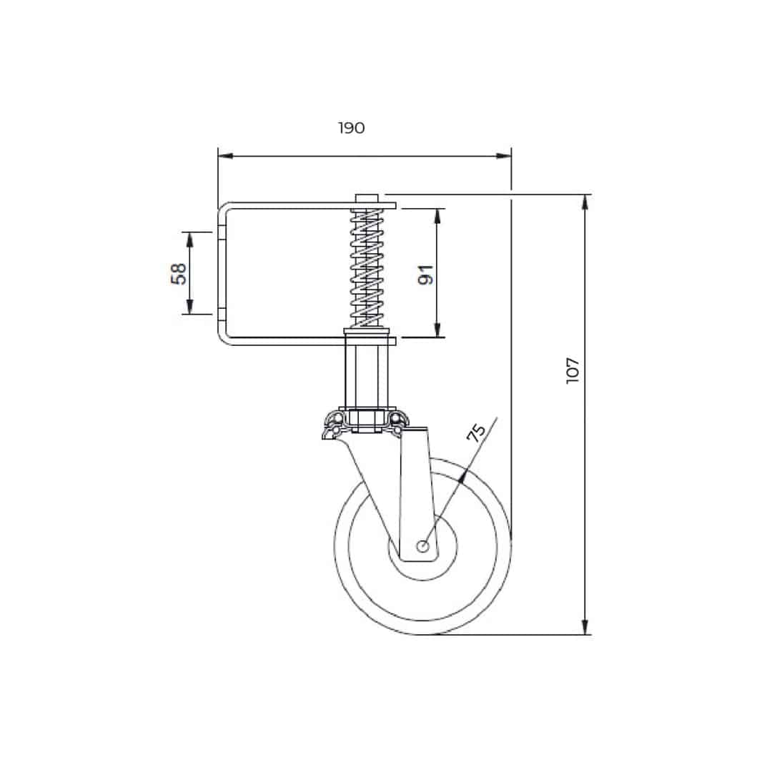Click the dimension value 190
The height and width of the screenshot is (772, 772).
[x=351, y=128]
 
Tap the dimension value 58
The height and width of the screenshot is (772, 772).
[x=179, y=274]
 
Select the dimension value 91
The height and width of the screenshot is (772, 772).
[x=426, y=274]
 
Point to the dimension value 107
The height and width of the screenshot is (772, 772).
[x=573, y=370]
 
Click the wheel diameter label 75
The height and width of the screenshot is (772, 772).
[x=475, y=433]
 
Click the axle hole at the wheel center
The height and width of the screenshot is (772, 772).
[x=422, y=545]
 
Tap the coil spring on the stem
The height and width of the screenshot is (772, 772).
[x=367, y=268]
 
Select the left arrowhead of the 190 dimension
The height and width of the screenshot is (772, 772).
[x=225, y=156]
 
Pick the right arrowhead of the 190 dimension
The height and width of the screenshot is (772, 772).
[x=503, y=156]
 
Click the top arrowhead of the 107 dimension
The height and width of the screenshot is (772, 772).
[x=585, y=203]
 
